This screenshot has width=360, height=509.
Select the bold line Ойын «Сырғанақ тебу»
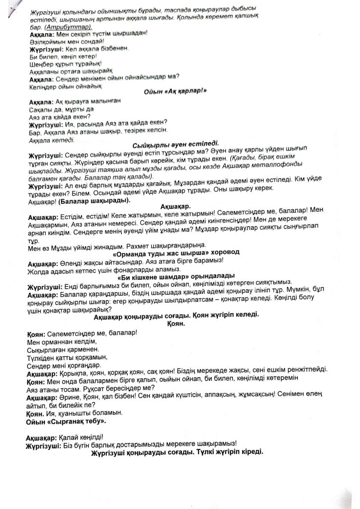pyautogui.click(x=66, y=422)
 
